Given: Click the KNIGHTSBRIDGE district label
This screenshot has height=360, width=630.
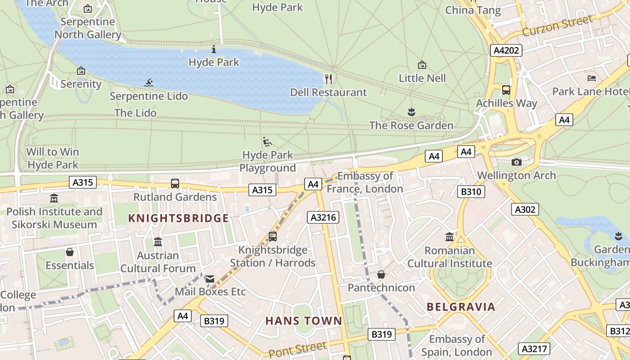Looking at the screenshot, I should coord(179,219).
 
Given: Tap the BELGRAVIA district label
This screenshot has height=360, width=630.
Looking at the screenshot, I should coord(461,307).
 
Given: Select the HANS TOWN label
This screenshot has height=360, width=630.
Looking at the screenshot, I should coord(304,321).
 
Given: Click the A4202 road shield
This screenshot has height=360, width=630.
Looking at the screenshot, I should coord(506,50).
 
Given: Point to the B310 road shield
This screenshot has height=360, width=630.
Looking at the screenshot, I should coord(471,192).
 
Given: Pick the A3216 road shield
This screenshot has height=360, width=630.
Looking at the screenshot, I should coord(323,218).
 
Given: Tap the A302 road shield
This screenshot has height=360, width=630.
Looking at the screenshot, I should coord(525,209).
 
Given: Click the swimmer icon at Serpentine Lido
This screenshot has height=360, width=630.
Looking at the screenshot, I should coord(149,83).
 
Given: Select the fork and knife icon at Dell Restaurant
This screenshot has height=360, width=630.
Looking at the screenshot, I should coord(328,80).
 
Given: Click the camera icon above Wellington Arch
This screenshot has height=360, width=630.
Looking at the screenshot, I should coord(517,162).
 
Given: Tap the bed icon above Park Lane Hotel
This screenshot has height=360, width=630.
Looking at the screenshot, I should coord(592,78).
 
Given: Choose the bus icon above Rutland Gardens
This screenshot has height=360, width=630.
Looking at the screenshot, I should coord(175,184).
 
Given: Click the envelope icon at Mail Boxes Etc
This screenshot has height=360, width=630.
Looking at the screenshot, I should coord(210,279).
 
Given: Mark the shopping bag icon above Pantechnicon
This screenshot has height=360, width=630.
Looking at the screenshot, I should coord(381,274).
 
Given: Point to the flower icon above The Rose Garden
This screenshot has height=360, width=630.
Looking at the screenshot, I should coord(411,112).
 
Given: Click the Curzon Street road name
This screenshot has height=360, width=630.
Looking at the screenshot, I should coord(558,26).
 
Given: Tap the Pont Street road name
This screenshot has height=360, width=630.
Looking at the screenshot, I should coord(297,349).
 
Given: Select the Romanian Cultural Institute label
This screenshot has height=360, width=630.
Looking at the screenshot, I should coord(450,257).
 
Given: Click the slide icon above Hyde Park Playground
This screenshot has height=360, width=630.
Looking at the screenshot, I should coord(267,142).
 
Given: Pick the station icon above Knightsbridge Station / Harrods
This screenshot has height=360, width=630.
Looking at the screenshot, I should coord(272,236).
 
